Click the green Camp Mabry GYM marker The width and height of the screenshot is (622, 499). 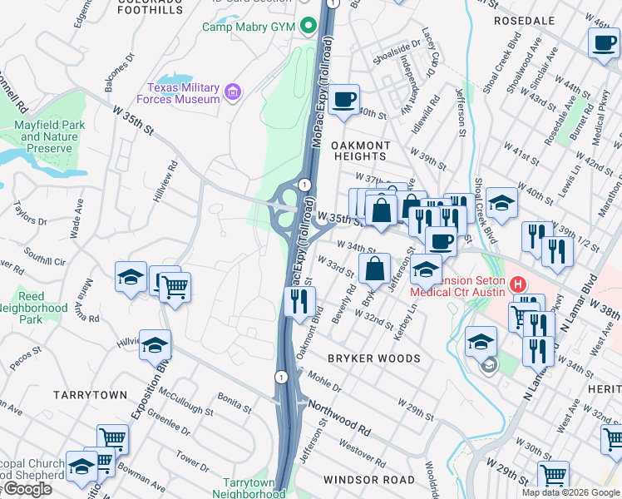tap(309, 27)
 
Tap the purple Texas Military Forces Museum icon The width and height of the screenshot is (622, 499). tap(233, 91)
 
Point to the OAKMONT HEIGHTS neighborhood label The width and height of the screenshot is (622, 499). tap(360, 150)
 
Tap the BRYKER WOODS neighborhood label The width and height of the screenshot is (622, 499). tap(373, 358)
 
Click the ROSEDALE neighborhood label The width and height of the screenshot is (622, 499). tap(524, 20)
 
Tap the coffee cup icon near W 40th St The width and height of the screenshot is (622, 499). tap(343, 100)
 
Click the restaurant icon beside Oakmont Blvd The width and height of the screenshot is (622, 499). tap(299, 303)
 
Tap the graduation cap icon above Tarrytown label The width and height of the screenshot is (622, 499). tap(155, 343)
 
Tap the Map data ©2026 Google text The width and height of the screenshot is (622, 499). tap(570, 492)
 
